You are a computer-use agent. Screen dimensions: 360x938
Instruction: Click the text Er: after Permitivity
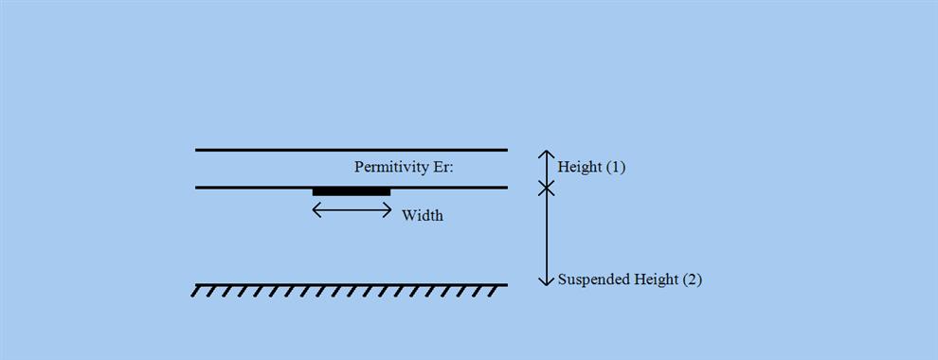tap(442, 168)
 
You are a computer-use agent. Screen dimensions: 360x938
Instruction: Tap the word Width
tap(422, 216)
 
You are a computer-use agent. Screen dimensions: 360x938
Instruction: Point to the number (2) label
tap(691, 279)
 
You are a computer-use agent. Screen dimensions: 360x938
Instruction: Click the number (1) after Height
tap(615, 168)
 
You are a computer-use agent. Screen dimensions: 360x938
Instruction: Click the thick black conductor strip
tap(352, 192)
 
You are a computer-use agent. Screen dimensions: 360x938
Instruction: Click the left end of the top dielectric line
tap(197, 150)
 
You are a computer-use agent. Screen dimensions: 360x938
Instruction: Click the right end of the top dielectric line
tap(506, 150)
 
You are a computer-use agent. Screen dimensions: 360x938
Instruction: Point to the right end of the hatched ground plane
tap(506, 284)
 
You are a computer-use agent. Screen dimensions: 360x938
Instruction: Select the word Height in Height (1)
tap(580, 168)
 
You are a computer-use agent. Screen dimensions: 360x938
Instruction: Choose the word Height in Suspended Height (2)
tap(655, 279)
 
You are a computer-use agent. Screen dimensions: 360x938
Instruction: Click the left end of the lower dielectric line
tap(197, 188)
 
